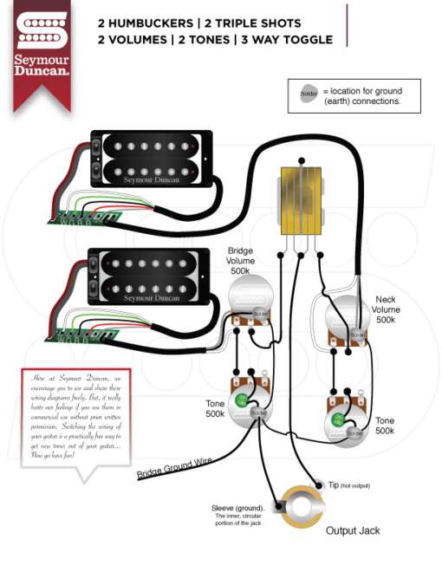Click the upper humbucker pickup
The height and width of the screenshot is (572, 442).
(151, 158)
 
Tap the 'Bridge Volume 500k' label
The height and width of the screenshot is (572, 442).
(240, 260)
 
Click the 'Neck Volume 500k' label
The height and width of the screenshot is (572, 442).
(386, 309)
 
